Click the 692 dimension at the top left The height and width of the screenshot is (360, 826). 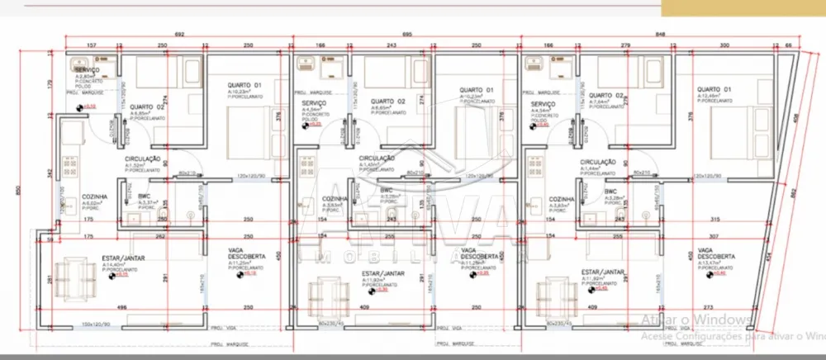pyautogui.click(x=178, y=35)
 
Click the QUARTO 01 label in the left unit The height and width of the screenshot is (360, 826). pyautogui.click(x=245, y=85)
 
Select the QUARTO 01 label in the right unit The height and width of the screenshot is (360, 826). pyautogui.click(x=714, y=89)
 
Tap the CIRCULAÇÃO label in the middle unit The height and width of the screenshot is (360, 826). pyautogui.click(x=376, y=158)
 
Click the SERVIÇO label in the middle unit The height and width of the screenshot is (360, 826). pyautogui.click(x=314, y=103)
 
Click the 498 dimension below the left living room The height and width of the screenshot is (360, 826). pyautogui.click(x=121, y=308)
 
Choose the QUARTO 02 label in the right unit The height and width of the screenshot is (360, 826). pyautogui.click(x=606, y=96)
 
